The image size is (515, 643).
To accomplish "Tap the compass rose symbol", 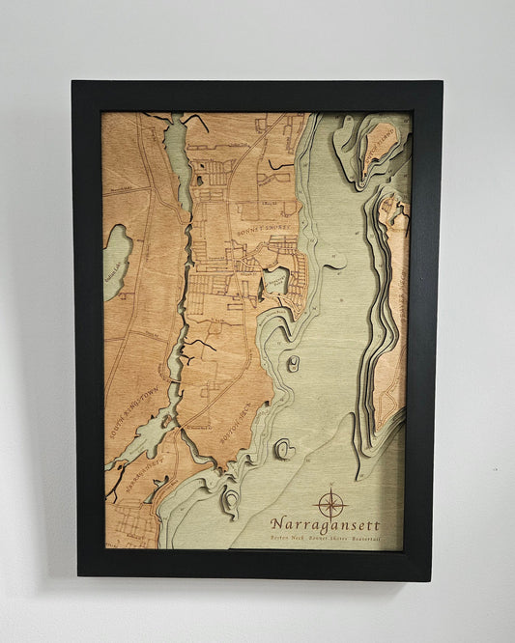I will point(331,502).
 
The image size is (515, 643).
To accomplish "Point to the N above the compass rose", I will point(331,485).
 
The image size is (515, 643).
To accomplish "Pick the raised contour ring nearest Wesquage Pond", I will point(293,364).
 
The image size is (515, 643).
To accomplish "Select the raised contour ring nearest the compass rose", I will point(284,449).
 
